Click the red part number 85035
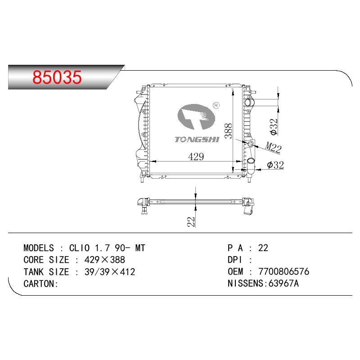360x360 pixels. coord(57,77)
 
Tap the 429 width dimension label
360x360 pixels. coord(196,157)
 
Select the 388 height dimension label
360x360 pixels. coord(229,130)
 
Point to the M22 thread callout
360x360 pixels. coord(274,147)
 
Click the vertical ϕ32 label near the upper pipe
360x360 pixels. coord(274,126)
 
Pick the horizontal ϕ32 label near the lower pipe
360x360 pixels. coord(275,165)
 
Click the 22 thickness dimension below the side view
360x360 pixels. coord(191,222)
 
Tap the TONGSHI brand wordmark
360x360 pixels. coord(197,139)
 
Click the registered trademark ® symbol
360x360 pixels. coord(216,105)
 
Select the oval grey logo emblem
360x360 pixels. coord(196,117)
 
